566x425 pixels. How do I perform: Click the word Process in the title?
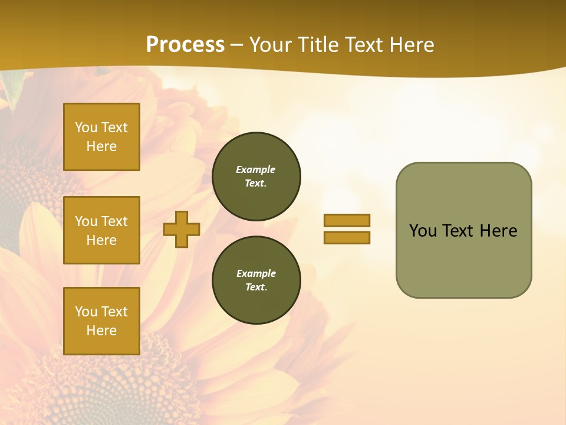(185, 45)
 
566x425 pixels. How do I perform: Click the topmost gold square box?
(101, 137)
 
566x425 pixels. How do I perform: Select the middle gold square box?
(101, 230)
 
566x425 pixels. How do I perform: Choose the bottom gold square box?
(101, 321)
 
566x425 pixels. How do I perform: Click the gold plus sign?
(182, 229)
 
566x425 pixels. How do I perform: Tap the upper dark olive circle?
(256, 176)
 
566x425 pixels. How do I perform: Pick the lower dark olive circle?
(256, 280)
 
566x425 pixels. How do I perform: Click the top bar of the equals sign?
(347, 220)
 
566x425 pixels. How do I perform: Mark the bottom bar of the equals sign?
(347, 238)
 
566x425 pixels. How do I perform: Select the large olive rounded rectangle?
(463, 230)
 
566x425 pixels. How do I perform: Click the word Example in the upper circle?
(256, 169)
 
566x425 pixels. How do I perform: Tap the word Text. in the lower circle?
(256, 287)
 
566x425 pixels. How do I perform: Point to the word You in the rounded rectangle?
(423, 231)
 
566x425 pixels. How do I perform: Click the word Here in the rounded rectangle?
(498, 231)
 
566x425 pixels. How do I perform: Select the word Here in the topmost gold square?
(101, 146)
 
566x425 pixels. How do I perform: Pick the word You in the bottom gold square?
(86, 312)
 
